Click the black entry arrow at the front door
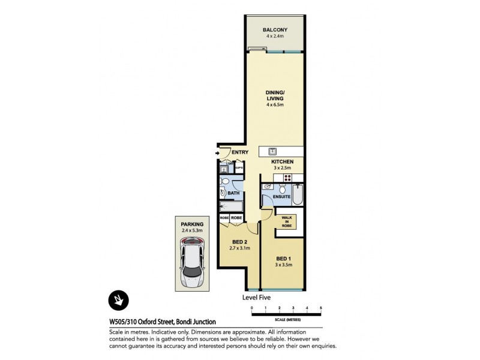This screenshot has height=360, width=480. tap(217, 154)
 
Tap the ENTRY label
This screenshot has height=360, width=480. tap(239, 152)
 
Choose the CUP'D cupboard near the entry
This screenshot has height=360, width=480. tap(238, 169)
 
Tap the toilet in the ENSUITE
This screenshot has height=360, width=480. tap(281, 187)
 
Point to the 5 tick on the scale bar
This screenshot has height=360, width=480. tap(321, 308)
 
